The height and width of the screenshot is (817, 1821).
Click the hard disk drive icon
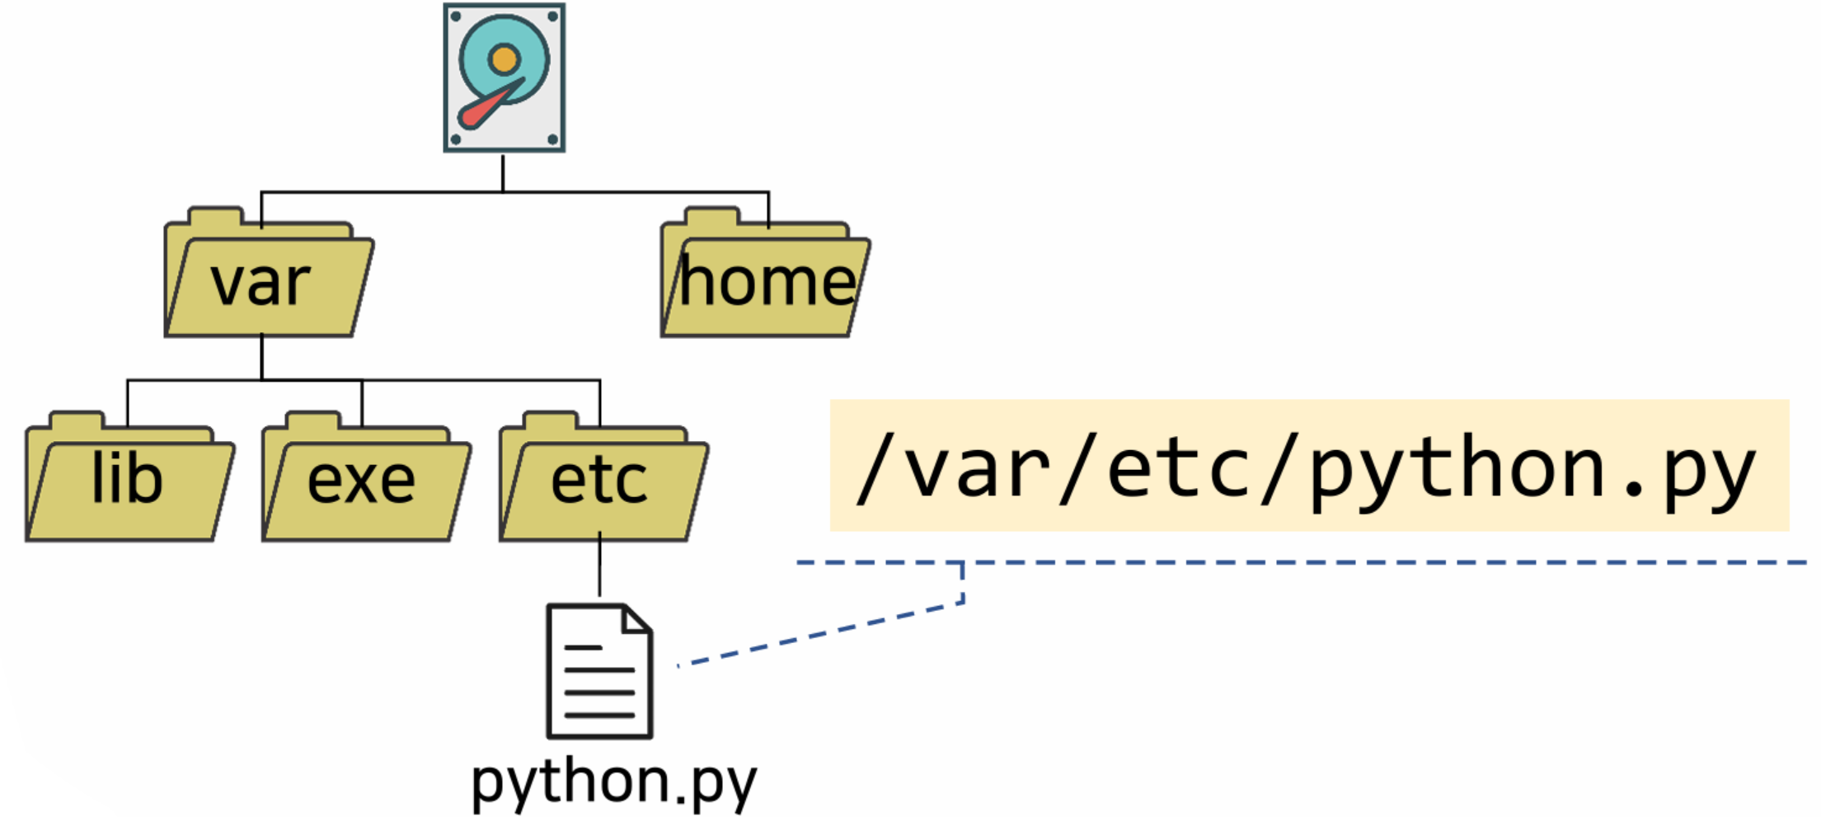point(504,77)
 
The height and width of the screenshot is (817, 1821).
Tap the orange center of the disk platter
point(504,59)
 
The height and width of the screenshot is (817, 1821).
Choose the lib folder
point(128,482)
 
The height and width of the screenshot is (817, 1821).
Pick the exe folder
point(363,482)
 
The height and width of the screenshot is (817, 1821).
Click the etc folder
point(601,482)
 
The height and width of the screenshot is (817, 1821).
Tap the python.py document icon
point(599,672)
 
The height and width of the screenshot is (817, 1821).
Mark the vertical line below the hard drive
point(503,172)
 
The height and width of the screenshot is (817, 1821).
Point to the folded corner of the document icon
point(637,618)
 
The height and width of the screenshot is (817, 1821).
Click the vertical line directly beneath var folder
point(262,358)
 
